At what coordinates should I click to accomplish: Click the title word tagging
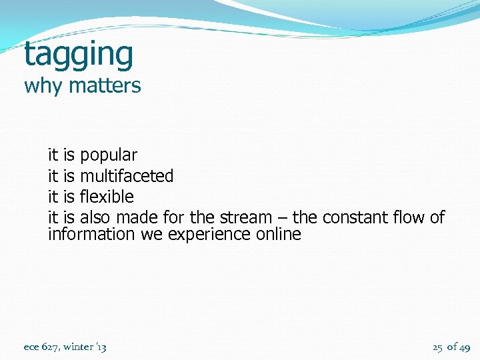tap(79, 55)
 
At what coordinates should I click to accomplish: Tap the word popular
tap(109, 156)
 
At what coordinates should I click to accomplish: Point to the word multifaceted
tap(127, 176)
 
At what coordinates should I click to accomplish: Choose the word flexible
tap(107, 197)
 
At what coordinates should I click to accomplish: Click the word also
tap(96, 217)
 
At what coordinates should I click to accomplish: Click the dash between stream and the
tap(282, 218)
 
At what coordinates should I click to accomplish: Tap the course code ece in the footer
tap(31, 347)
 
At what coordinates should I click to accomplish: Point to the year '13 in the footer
tap(101, 347)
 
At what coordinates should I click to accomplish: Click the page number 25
tap(437, 347)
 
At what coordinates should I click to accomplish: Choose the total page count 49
tap(465, 347)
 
